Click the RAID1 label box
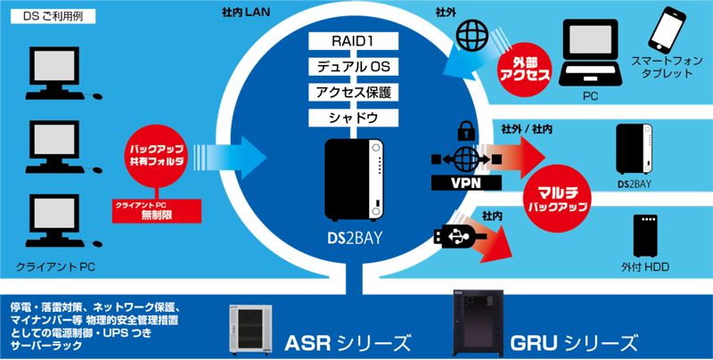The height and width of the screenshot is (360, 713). [356, 40]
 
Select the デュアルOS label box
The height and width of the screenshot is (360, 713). [356, 66]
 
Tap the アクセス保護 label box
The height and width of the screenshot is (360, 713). [356, 92]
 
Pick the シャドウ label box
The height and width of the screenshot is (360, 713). [356, 118]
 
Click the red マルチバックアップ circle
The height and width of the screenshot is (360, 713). [563, 193]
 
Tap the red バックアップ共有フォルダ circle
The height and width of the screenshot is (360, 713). [158, 157]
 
